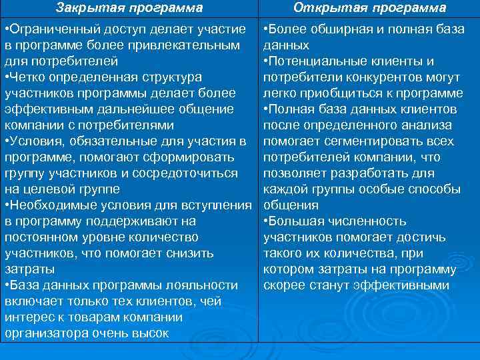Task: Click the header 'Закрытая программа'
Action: pos(129,9)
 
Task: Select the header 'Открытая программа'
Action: pos(370,9)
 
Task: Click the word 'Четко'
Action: pos(29,77)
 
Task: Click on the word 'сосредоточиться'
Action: pos(186,173)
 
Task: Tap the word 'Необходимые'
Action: pos(53,205)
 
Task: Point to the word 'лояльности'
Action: pos(207,285)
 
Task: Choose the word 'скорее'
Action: pos(283,285)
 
